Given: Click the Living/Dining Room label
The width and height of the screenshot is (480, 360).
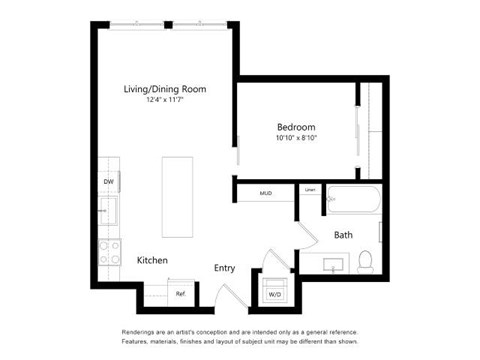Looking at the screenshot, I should tap(165, 89).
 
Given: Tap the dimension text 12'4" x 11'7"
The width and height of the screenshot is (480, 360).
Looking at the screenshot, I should tap(165, 100).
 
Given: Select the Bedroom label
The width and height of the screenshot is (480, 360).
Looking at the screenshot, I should tap(296, 127).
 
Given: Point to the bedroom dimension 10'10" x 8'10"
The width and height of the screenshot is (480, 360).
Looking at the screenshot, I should tap(296, 138).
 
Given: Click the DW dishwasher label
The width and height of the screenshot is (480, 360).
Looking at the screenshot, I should tap(108, 182).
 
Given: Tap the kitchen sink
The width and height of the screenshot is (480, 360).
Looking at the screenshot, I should tap(108, 211).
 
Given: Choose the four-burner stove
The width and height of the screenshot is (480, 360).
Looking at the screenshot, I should tap(109, 250).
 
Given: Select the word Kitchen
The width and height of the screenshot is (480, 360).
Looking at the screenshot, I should tap(152, 261).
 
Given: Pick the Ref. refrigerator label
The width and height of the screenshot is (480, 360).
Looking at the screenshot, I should tap(181, 293).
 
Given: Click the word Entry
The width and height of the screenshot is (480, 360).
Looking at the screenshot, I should tap(224, 267).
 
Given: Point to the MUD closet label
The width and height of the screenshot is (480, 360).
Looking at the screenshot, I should tap(266, 192).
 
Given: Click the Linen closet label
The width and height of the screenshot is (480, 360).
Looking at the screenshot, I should tap(310, 190).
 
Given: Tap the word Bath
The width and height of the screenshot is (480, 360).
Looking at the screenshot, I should tap(343, 236).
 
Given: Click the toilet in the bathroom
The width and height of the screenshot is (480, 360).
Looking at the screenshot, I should tap(365, 262).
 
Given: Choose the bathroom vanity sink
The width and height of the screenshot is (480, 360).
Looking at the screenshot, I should tap(334, 263).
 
